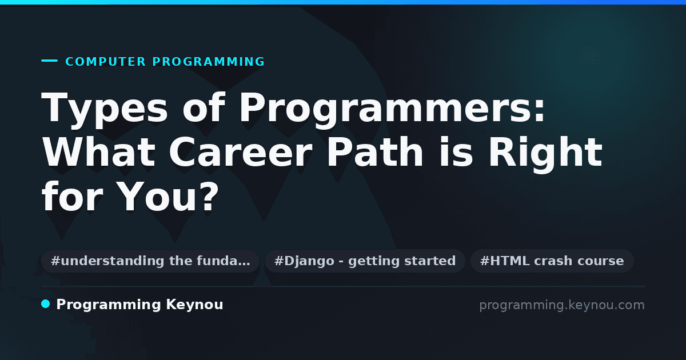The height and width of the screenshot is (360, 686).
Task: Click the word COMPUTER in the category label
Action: click(105, 62)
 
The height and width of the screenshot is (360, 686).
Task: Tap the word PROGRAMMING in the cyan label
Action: click(209, 62)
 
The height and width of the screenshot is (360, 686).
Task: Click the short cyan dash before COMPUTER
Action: click(49, 61)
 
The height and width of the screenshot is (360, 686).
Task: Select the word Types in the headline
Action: click(105, 109)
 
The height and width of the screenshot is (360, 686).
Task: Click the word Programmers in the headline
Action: click(384, 109)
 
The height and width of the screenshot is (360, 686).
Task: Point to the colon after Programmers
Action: click(538, 111)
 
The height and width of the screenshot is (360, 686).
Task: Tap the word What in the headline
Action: click(98, 152)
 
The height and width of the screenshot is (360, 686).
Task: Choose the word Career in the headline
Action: click(241, 152)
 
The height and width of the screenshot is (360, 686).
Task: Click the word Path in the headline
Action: click(375, 151)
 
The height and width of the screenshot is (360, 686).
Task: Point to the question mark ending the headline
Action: click(209, 196)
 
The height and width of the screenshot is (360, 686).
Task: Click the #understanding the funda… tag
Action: click(150, 261)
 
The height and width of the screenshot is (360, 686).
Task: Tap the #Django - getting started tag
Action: click(365, 261)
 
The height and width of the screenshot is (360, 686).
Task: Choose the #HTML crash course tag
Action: click(552, 261)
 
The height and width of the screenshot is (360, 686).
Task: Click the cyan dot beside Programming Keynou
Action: click(45, 304)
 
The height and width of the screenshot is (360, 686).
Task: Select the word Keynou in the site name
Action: click(194, 305)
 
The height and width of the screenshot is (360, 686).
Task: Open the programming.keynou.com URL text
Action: click(562, 305)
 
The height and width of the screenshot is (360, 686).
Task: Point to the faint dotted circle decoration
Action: click(591, 56)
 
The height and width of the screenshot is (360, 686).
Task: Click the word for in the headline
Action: click(72, 196)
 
